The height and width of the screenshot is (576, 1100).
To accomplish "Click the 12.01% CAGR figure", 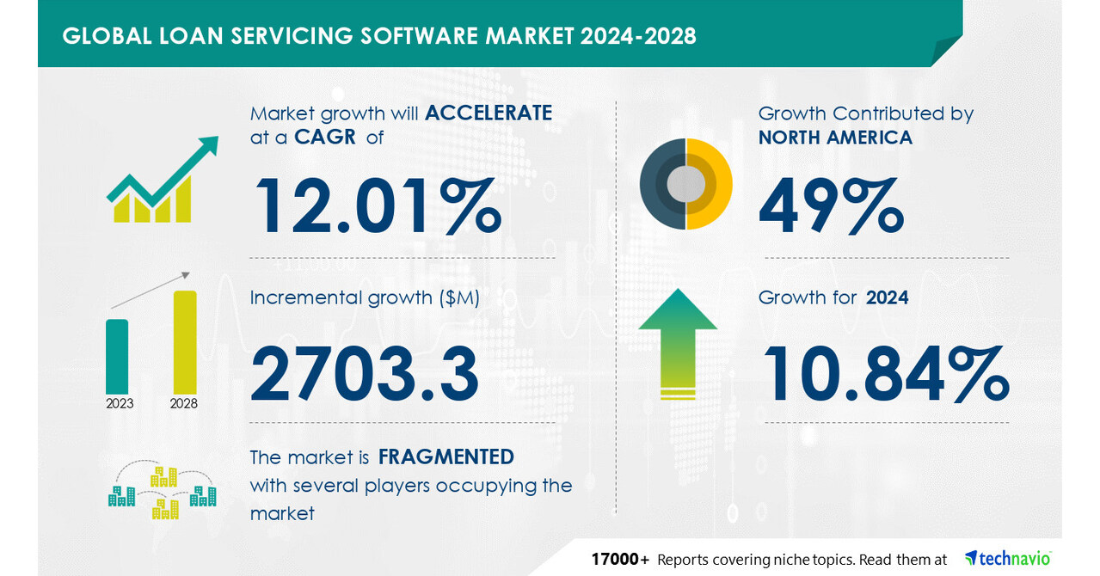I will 377,206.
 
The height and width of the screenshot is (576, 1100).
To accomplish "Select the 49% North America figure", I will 831,206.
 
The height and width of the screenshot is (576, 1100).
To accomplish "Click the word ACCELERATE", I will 489,113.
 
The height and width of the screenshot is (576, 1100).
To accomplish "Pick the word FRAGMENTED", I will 446,457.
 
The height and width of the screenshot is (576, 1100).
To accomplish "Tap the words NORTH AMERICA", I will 835,138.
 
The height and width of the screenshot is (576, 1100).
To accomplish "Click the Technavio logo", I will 1008,559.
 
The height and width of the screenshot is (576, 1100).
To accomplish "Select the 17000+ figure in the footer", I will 620,560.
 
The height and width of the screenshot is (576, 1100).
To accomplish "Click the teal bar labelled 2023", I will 117,356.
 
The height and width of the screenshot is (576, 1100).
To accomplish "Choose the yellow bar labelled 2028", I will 185,341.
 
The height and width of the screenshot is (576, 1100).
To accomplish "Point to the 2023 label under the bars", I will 120,403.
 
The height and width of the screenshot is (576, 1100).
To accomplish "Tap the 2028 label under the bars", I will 184,403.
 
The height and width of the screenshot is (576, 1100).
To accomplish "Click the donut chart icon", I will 685,184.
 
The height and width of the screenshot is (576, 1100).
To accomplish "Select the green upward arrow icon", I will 678,344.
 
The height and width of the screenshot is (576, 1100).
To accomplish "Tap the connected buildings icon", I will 162,492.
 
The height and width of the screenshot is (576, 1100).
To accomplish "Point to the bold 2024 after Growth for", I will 887,297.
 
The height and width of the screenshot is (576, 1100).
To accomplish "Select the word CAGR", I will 325,138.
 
